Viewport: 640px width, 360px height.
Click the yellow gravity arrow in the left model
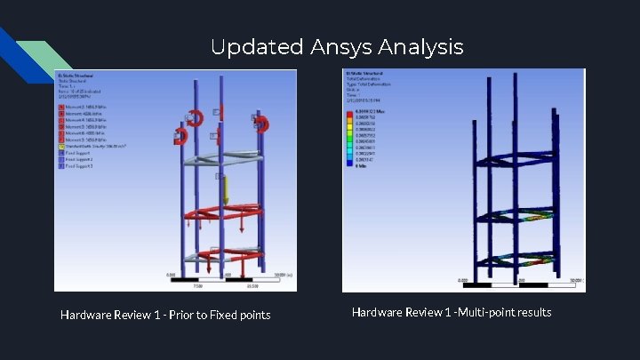[x=226, y=189]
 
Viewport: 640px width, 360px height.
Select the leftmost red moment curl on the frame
[x=181, y=136]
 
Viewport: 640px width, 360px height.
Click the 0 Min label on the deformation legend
[x=363, y=166]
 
